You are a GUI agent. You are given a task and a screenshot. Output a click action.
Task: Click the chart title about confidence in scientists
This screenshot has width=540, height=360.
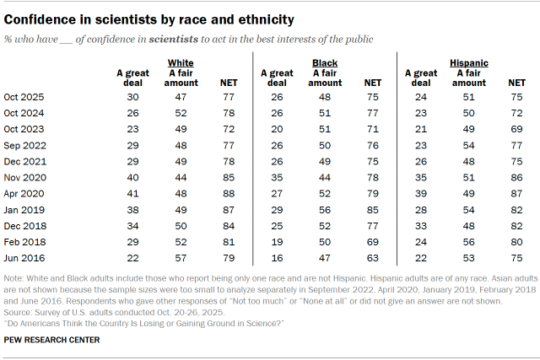point(149,19)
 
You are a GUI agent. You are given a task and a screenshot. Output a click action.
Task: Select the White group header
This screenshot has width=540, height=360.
point(181,62)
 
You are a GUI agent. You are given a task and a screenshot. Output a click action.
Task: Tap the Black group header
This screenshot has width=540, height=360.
point(325,62)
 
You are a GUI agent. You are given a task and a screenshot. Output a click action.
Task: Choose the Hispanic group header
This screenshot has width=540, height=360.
point(468,62)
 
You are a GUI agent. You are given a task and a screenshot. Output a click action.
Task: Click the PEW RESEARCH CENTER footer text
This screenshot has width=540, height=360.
point(52,341)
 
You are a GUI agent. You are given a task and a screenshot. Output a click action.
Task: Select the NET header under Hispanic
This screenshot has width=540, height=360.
point(516,82)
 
